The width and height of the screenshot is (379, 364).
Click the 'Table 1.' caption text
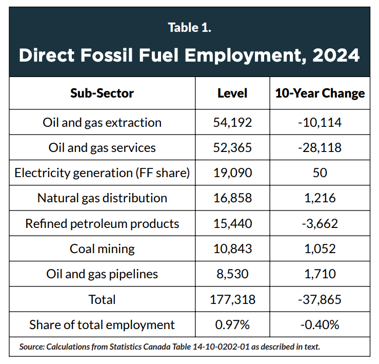pyautogui.click(x=189, y=28)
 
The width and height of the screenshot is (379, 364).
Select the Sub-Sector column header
pyautogui.click(x=102, y=93)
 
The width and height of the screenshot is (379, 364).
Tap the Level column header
pyautogui.click(x=232, y=93)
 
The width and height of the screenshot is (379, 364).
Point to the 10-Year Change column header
pyautogui.click(x=320, y=93)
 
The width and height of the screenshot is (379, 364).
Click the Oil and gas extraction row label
pyautogui.click(x=102, y=123)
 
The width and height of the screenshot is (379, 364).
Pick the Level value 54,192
pyautogui.click(x=232, y=123)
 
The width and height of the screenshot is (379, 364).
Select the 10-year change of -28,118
pyautogui.click(x=320, y=148)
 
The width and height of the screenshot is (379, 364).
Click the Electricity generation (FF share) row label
pyautogui.click(x=102, y=173)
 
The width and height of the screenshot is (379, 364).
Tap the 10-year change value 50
pyautogui.click(x=320, y=173)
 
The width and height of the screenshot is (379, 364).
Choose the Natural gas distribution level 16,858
pyautogui.click(x=232, y=198)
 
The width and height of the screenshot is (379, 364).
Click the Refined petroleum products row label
pyautogui.click(x=102, y=223)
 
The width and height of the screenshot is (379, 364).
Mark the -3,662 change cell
pyautogui.click(x=320, y=223)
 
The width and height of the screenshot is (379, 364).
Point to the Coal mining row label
pyautogui.click(x=102, y=249)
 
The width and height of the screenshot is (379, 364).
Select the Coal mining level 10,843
pyautogui.click(x=232, y=249)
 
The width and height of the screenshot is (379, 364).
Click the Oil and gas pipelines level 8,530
pyautogui.click(x=232, y=274)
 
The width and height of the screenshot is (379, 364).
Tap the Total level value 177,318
pyautogui.click(x=232, y=299)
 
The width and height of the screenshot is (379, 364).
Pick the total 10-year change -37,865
pyautogui.click(x=320, y=299)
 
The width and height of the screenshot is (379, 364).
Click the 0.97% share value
pyautogui.click(x=232, y=325)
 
